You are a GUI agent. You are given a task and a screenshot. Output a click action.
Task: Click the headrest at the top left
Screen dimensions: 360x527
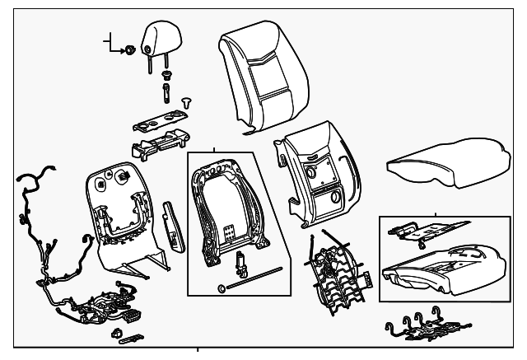click(161, 38)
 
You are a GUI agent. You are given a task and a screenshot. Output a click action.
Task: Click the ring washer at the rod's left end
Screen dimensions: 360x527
click(221, 288)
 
